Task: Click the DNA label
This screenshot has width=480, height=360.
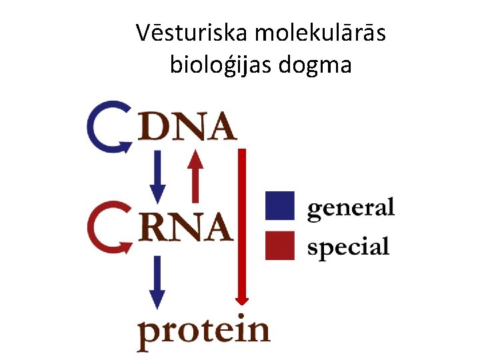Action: [x=187, y=127]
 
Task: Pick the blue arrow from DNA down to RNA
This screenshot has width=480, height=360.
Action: [x=157, y=177]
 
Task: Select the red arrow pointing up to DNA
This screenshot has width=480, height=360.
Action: [x=195, y=175]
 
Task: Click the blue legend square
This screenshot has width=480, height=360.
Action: [x=280, y=205]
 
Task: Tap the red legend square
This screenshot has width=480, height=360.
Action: [x=280, y=245]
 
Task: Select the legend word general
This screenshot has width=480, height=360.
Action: [x=351, y=209]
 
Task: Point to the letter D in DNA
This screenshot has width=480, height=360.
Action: [x=153, y=127]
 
